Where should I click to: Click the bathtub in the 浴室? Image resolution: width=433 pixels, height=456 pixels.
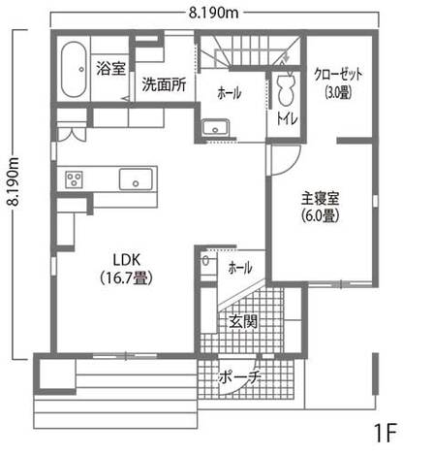74,70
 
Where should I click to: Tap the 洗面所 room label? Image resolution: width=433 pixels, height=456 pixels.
164,84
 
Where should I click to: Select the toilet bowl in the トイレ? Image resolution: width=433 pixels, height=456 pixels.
286,89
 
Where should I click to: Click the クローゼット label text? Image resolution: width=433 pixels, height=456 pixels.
338,75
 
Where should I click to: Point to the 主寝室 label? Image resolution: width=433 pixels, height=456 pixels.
320,199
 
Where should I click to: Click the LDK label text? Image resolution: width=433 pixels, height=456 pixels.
127,260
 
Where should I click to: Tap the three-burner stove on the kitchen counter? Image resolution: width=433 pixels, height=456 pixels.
74,179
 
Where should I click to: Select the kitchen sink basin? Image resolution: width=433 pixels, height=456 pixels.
136,179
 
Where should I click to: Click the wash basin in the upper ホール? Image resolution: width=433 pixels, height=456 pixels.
215,127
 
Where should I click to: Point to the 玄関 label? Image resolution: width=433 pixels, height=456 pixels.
243,321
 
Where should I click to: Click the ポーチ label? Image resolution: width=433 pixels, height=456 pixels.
240,376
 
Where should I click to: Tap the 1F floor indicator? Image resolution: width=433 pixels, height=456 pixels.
386,433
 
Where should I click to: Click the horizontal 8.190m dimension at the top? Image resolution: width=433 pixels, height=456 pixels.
213,13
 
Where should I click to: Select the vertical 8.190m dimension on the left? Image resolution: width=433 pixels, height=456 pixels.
14,181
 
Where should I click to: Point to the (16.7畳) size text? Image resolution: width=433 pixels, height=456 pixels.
126,277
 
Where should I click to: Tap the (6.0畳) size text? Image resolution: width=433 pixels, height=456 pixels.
320,215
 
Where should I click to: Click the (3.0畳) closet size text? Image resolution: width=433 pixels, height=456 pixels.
338,92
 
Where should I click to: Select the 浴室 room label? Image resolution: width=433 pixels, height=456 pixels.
110,69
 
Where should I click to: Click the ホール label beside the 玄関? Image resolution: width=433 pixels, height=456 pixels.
240,268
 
